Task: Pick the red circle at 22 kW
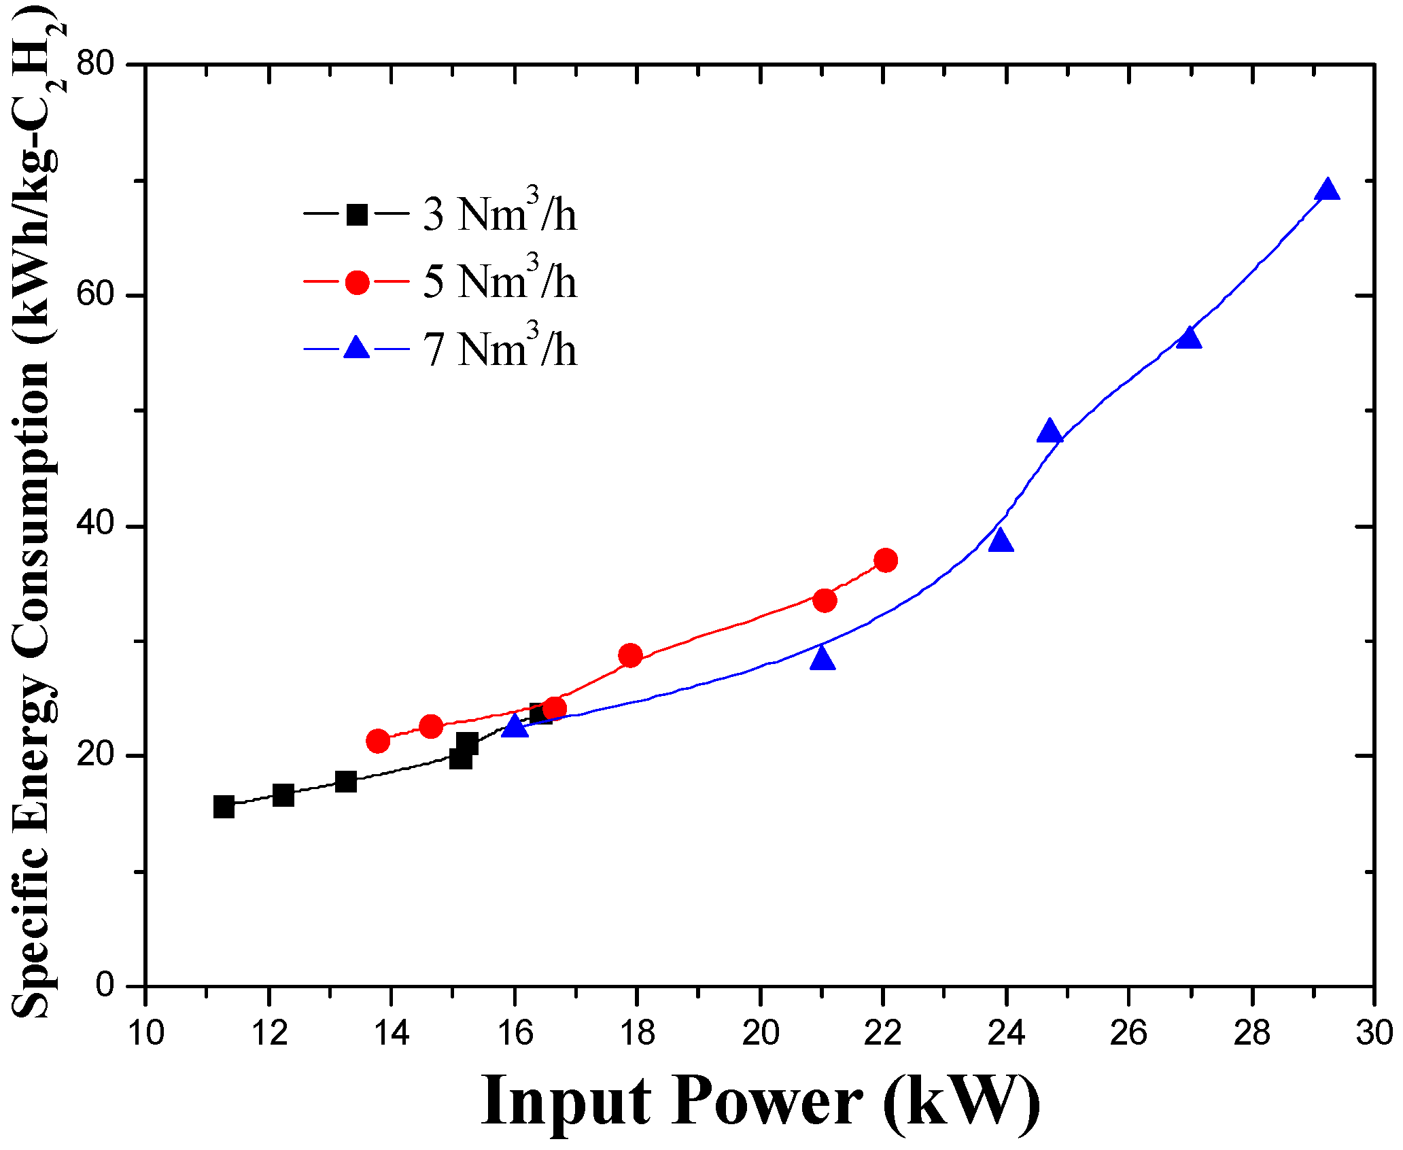point(885,561)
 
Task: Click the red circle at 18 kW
point(630,656)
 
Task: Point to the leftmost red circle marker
point(378,741)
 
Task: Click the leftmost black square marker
point(224,807)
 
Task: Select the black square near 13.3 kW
point(346,782)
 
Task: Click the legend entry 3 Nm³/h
point(500,215)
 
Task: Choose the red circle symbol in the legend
point(357,282)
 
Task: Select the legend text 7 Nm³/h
point(500,349)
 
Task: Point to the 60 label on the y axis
point(95,296)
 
